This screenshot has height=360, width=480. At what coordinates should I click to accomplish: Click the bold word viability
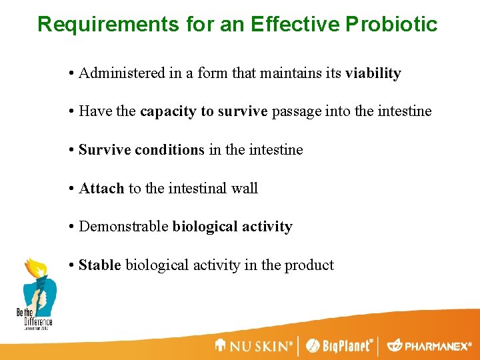(373, 73)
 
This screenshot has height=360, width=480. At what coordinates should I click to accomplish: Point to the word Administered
(122, 73)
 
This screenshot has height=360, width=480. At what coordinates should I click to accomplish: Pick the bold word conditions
(170, 150)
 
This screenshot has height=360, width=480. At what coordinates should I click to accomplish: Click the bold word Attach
(101, 189)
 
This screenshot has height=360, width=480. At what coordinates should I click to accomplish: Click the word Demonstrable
(123, 227)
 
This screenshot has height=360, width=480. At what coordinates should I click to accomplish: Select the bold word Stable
(100, 265)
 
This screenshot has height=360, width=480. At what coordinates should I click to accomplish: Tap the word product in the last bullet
(309, 265)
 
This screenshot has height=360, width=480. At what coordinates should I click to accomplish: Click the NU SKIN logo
(254, 345)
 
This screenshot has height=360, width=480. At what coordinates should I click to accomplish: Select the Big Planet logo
(339, 345)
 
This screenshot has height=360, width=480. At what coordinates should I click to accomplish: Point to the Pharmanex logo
(430, 345)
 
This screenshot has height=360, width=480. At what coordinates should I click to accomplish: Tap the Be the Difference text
(34, 317)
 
